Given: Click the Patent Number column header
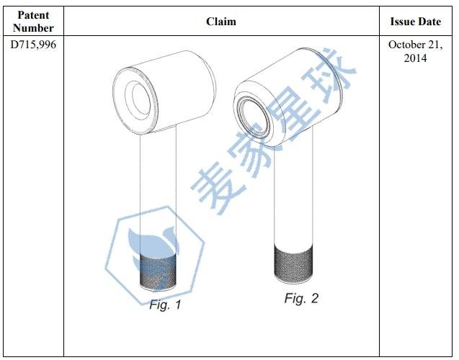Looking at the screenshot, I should coord(34,22).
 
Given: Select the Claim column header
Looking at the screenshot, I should coord(221,22).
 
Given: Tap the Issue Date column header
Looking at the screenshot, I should coord(416,22).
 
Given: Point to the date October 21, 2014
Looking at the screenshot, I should coord(416,50).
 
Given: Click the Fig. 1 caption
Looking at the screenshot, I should coord(165,305).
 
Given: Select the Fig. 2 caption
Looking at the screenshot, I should coord(301,297).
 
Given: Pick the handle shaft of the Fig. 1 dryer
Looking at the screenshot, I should coord(157,187).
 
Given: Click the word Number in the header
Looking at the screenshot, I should coord(34,27).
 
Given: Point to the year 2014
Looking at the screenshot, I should coord(416,58).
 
